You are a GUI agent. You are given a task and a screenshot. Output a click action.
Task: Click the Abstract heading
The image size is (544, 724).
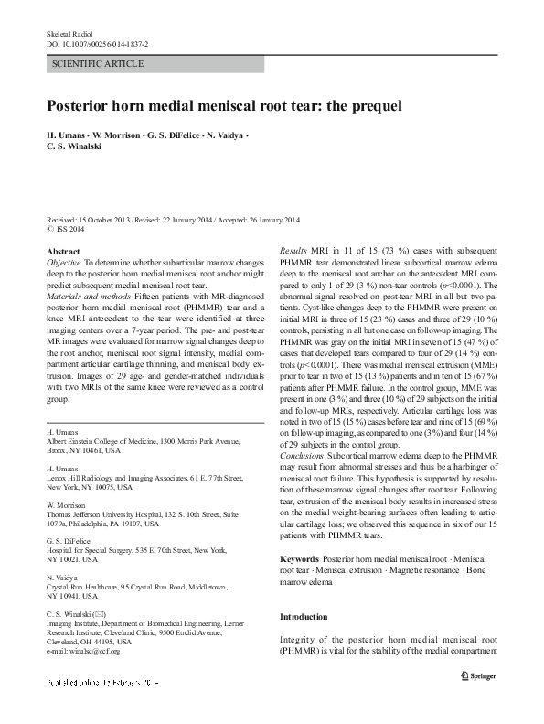tap(63, 250)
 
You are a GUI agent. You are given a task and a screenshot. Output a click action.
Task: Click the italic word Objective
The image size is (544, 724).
tap(64, 262)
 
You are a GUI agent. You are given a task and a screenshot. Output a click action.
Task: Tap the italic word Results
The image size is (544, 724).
tap(294, 250)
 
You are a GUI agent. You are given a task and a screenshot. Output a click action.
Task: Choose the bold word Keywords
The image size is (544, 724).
tap(299, 557)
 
